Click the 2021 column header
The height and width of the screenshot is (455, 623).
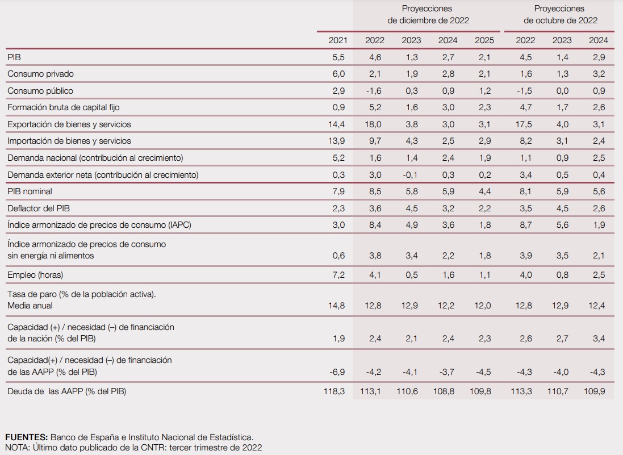338,40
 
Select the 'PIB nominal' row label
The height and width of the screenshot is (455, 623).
30,191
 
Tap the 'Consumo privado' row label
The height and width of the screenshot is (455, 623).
40,73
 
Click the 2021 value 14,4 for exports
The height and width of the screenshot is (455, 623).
336,124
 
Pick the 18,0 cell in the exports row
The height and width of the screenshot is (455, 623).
373,124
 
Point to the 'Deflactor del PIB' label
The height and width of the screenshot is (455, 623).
39,208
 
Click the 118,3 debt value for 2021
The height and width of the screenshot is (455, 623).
334,391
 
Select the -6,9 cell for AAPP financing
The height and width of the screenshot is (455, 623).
337,372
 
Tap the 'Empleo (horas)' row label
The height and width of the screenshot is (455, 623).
35,274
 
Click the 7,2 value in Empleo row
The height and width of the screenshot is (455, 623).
338,274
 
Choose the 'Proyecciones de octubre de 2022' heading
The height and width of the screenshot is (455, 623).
560,14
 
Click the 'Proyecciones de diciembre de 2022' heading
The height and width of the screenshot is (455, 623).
428,14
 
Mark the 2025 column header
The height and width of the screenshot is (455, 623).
484,40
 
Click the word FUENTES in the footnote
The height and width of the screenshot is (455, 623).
27,437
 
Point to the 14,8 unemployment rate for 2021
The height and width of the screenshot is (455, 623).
336,305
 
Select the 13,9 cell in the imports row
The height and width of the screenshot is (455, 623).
336,141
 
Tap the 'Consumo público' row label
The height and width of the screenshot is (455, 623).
40,91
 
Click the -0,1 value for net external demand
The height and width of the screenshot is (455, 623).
409,174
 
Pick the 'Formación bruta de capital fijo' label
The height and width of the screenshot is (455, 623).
64,107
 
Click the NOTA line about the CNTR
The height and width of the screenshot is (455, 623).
133,448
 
